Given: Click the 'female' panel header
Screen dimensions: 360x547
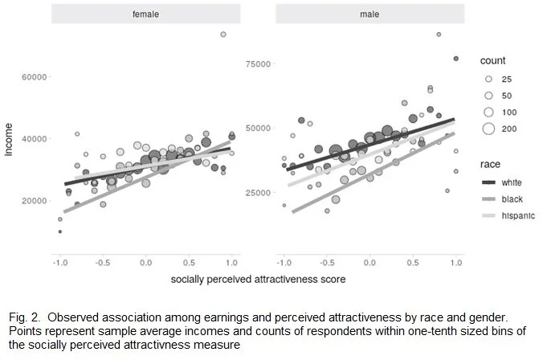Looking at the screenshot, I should pos(145,14).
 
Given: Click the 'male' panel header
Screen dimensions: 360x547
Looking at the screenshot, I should pos(369,14).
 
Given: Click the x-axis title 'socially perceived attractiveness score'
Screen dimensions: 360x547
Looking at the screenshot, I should pos(257,281).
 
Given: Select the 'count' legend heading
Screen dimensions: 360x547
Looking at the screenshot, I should pos(492,61).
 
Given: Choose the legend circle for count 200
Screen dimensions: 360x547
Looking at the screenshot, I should pos(489,129).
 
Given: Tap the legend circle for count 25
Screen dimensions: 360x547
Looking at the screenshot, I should pos(489,79).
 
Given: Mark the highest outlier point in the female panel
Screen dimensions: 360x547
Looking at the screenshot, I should pos(223,34).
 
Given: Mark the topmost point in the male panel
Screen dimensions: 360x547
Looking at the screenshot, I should pos(439,35).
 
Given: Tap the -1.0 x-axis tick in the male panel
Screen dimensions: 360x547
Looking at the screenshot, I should pos(284,263).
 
